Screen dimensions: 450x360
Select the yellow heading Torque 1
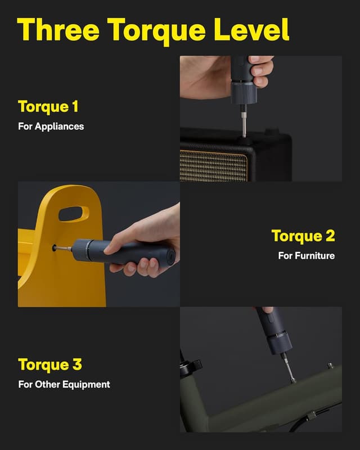coord(48,106)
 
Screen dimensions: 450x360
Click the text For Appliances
coord(51,126)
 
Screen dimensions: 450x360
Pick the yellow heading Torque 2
coord(303,236)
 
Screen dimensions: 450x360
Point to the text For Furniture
coord(306,255)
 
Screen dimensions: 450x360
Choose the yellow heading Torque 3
coord(49,364)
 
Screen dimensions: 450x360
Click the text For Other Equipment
coord(64,385)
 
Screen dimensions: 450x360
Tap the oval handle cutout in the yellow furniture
coord(73,214)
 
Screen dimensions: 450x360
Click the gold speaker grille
coord(214,165)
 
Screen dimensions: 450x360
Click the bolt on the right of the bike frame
coord(330,366)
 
